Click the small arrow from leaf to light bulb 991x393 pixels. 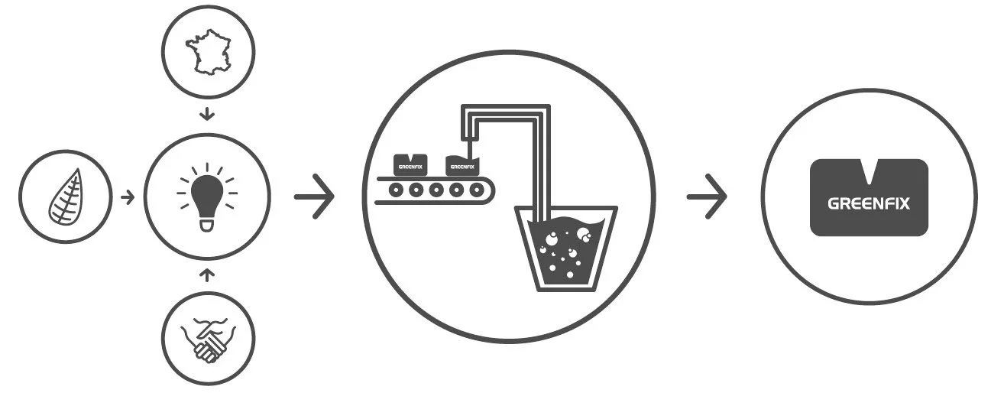(127, 196)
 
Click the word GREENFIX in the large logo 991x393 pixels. (869, 204)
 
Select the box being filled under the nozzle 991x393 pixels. (461, 164)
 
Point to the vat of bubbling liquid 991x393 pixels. (565, 248)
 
